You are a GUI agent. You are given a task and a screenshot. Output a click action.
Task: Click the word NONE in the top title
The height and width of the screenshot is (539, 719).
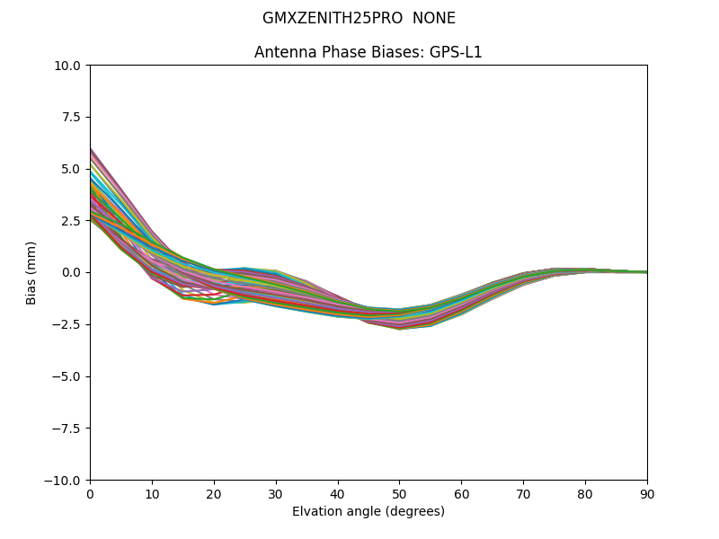click(434, 18)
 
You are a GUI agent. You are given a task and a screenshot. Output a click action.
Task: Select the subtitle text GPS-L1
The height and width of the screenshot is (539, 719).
click(456, 52)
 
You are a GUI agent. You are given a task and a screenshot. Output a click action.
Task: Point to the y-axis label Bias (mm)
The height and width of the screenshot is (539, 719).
click(31, 272)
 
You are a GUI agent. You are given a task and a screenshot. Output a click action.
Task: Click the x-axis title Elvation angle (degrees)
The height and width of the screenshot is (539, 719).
click(368, 511)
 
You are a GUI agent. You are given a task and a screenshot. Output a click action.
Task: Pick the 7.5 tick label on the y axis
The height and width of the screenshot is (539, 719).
click(71, 117)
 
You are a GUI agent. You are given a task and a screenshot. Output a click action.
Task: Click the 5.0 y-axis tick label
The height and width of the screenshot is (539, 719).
click(71, 169)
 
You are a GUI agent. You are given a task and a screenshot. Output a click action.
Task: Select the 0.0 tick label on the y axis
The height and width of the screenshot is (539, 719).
click(71, 272)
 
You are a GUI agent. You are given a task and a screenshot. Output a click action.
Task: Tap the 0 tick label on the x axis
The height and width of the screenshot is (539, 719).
click(90, 493)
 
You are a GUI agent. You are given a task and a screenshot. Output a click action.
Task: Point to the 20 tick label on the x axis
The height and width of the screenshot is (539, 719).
click(214, 493)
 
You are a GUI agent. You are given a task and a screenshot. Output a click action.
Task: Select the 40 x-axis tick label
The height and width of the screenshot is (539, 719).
click(338, 493)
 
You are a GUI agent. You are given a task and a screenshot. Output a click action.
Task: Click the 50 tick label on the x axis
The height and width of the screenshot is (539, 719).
click(399, 493)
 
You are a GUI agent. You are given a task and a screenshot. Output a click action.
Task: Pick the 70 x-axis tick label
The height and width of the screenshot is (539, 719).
click(523, 493)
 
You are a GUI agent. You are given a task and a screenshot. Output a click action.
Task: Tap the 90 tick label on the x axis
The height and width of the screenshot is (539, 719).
click(647, 493)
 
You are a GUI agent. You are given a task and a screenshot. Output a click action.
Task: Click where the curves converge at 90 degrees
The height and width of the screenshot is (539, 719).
click(645, 271)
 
